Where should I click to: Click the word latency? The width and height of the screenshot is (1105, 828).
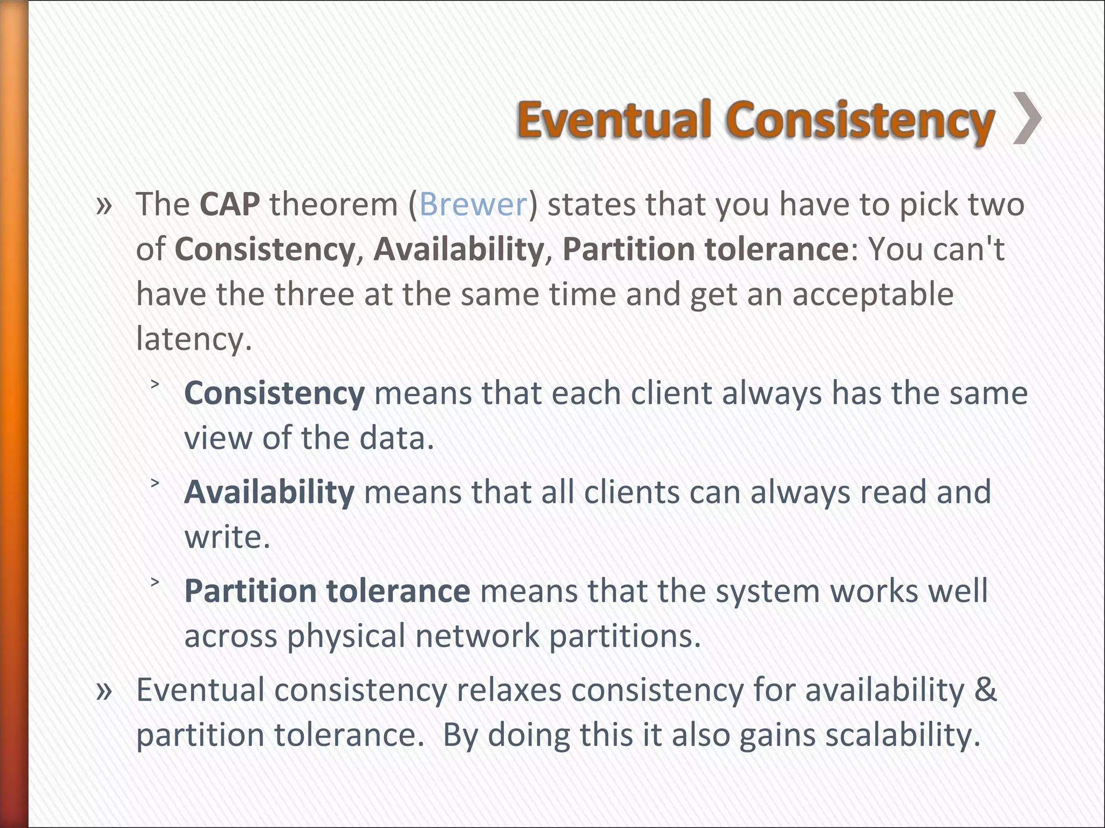tap(193, 339)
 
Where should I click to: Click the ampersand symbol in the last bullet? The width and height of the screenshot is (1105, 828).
tap(985, 689)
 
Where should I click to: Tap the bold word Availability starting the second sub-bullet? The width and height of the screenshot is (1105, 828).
tap(269, 492)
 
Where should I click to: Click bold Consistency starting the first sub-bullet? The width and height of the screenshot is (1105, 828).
tap(274, 393)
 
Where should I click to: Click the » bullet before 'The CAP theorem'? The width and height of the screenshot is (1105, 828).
tap(104, 205)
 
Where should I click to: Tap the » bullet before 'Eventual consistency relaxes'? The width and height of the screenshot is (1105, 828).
tap(104, 691)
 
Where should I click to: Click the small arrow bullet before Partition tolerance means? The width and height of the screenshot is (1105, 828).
tap(155, 582)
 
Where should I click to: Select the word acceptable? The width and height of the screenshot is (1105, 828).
tap(872, 294)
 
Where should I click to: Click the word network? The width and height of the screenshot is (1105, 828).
tap(477, 636)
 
